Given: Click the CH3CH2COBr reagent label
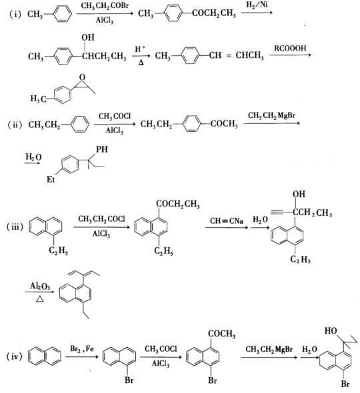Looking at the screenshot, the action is point(105,6).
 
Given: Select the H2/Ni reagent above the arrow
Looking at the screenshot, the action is point(257,5).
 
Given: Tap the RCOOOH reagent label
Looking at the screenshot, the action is point(290,48).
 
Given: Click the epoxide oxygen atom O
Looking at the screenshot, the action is point(82,77).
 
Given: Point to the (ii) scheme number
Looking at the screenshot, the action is point(15,125).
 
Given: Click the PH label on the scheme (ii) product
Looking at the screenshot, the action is point(102,149).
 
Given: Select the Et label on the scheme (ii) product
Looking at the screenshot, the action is point(51,179).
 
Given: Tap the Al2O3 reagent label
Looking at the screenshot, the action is point(40,286).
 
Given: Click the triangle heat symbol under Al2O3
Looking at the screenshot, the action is point(40,299).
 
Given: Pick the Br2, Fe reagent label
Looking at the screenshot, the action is point(82,348).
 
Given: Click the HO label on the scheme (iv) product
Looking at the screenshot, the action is point(331,331).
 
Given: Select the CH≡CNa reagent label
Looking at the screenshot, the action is point(227,220).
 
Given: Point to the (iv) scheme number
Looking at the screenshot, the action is point(14,356).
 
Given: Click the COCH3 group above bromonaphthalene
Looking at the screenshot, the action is point(221,334).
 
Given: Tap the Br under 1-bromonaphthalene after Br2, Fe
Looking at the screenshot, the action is point(129,380).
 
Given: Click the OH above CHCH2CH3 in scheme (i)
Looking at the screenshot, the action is point(88,37).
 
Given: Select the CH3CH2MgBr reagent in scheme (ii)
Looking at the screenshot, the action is point(272,115).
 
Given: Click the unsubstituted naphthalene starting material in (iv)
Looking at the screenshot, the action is point(45,356).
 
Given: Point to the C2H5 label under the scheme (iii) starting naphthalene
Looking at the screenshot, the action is point(59,251).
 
